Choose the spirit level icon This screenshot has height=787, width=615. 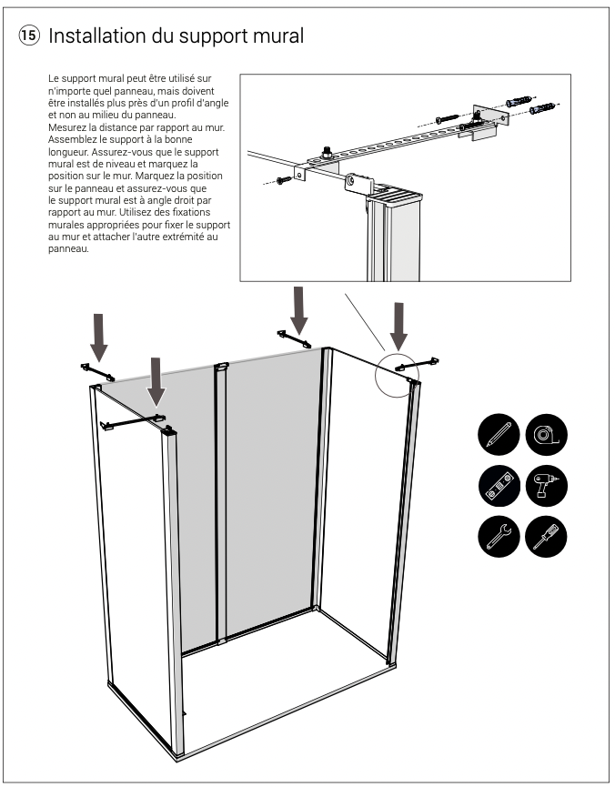point(498,485)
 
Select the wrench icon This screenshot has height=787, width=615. point(498,536)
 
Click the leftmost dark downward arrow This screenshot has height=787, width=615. point(100,338)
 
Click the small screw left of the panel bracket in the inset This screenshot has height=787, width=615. point(282,182)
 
